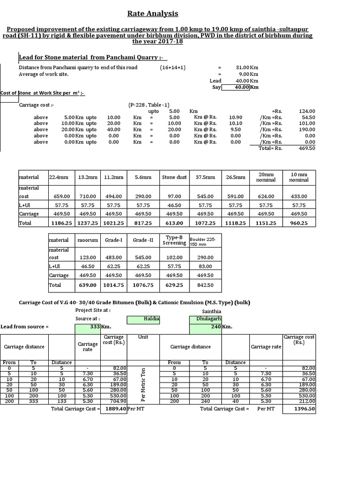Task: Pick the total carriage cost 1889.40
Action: (114, 409)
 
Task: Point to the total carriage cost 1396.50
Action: (304, 409)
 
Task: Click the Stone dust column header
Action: (174, 177)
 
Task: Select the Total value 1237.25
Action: (87, 223)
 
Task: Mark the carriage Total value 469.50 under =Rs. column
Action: (307, 148)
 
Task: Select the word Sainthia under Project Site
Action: (211, 311)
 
